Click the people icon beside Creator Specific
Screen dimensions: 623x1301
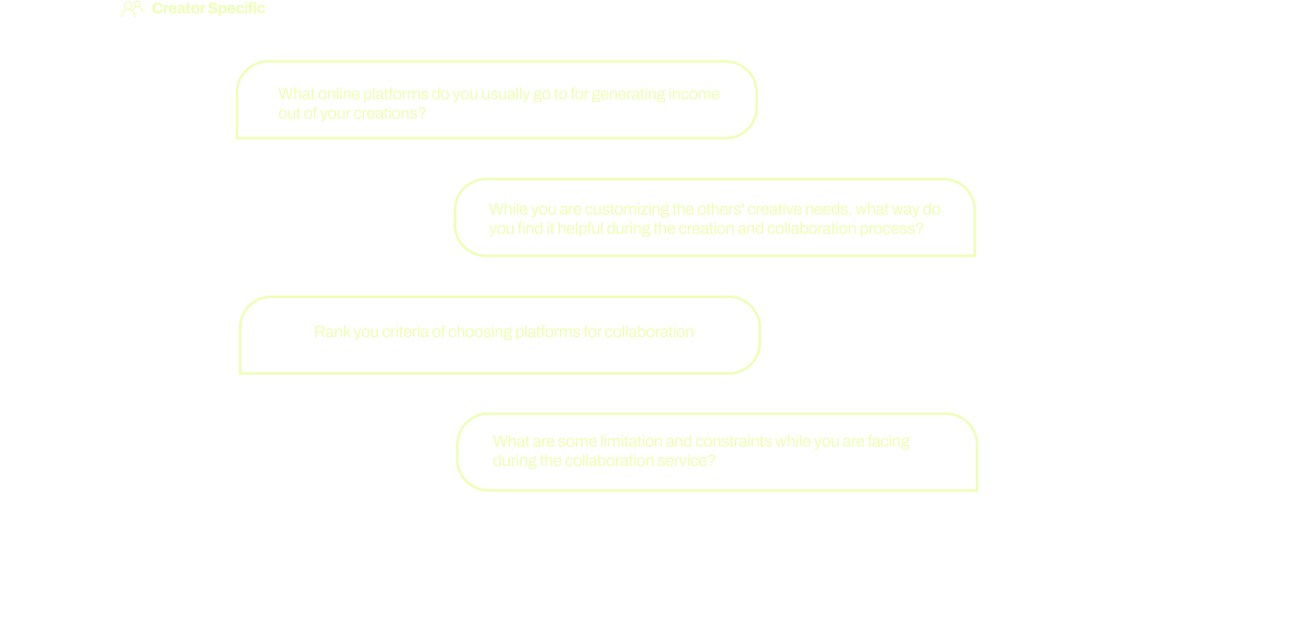pos(132,9)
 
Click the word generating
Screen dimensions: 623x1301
pos(628,95)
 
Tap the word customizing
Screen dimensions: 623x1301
pos(627,210)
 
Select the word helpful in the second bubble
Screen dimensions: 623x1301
pos(580,229)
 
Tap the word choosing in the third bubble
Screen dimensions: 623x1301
pos(480,332)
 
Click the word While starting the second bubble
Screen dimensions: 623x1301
pos(508,210)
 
